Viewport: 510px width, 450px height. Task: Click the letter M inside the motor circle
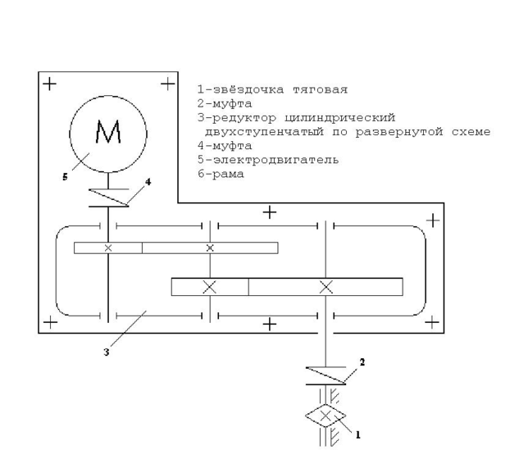[108, 131]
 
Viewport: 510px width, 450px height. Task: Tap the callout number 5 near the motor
[65, 175]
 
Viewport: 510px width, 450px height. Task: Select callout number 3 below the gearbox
[107, 352]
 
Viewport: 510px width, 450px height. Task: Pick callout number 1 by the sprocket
[357, 436]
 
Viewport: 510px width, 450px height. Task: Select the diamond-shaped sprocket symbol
[326, 416]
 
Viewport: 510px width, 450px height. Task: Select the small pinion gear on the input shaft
[107, 248]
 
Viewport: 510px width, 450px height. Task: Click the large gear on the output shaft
[326, 287]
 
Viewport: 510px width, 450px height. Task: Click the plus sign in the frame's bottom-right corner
[430, 323]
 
